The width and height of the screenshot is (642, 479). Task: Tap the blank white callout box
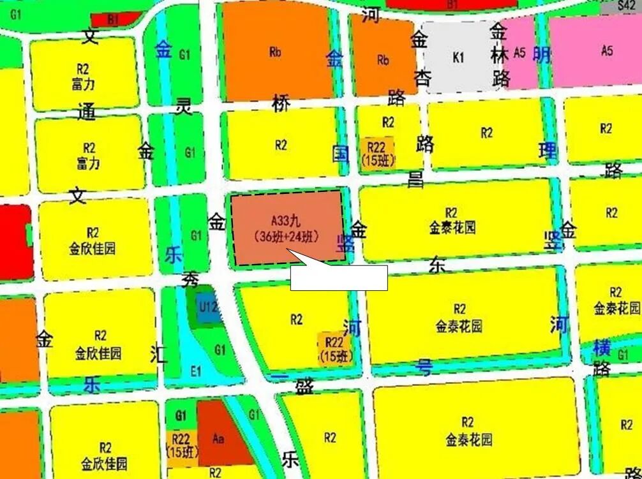click(339, 277)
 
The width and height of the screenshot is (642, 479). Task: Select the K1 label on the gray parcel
click(458, 57)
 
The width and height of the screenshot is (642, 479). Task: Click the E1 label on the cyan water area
click(197, 371)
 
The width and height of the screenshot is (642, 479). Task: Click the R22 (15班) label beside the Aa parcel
click(182, 445)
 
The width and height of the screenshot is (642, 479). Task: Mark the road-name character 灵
click(184, 108)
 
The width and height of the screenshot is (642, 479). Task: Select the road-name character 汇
click(159, 353)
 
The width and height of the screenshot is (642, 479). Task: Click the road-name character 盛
click(303, 386)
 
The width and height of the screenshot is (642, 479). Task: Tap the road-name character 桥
click(281, 102)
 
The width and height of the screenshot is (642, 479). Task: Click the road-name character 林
click(500, 55)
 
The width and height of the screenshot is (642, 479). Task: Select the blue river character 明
click(542, 55)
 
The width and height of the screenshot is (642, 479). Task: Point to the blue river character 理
click(547, 151)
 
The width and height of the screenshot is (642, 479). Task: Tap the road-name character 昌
click(416, 179)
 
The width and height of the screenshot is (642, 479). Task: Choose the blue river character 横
click(602, 348)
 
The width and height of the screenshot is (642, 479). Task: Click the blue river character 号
click(423, 366)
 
